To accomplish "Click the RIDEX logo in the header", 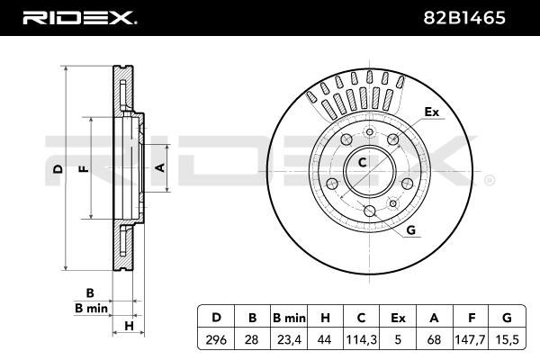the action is click(79, 18).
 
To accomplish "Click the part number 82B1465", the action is click(464, 18).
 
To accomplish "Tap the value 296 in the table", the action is click(216, 339).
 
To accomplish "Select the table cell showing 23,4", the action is click(289, 339).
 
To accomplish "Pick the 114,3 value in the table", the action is click(361, 339).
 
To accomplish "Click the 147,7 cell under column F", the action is click(470, 339).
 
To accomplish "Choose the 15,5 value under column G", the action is click(507, 339).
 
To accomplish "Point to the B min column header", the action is click(289, 318).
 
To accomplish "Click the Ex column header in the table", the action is click(398, 318).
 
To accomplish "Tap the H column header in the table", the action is click(325, 318).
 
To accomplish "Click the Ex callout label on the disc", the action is click(431, 112).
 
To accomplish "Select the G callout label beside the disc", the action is click(411, 229).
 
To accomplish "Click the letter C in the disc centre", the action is click(363, 162).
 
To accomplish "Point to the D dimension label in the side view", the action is click(58, 169).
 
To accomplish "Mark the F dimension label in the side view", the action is click(84, 169).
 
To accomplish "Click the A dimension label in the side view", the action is click(160, 167).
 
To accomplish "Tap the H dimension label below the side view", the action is click(129, 326).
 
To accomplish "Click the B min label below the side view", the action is click(91, 308).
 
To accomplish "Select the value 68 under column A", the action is click(434, 339).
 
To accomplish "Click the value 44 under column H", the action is click(324, 339).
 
